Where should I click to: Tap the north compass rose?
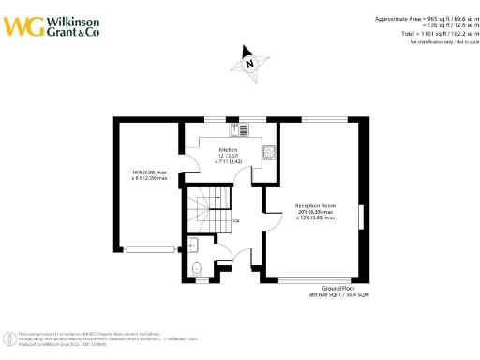click(249, 63)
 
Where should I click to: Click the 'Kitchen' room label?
click(228, 149)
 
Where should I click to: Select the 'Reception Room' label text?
click(315, 205)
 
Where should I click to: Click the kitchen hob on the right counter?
click(269, 151)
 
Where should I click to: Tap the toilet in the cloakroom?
click(195, 269)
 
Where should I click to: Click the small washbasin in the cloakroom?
click(191, 246)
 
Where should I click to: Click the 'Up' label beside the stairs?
click(235, 221)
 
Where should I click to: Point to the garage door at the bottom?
click(149, 248)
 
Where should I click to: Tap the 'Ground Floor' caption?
click(337, 288)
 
